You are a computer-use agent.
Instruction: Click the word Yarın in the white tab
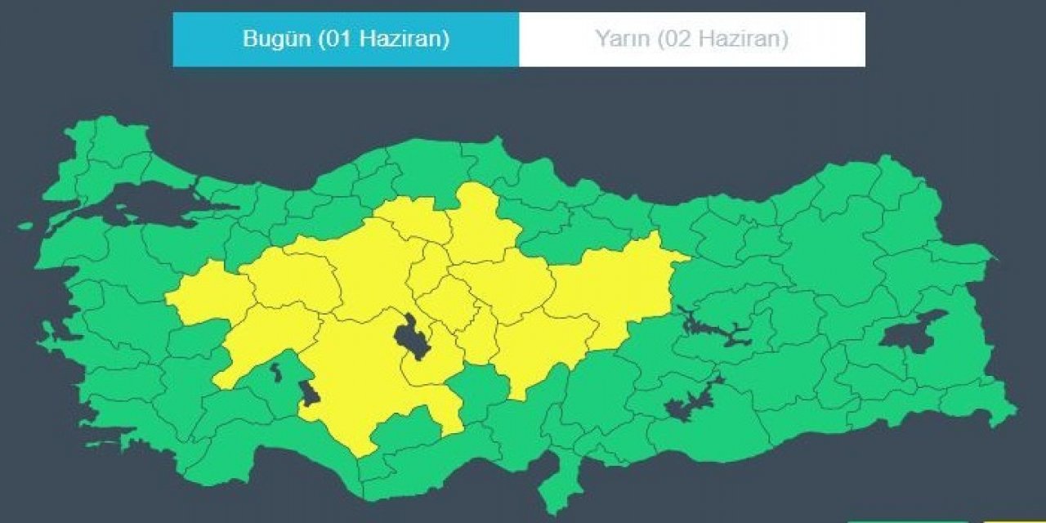point(621,39)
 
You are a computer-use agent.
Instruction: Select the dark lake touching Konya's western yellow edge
point(309,393)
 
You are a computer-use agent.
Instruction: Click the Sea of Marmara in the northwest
point(147,210)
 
